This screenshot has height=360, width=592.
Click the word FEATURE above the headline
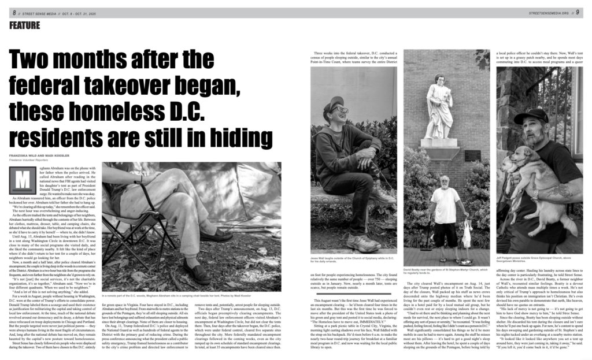tap(24, 25)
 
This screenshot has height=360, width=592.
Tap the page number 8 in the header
tap(13, 12)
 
